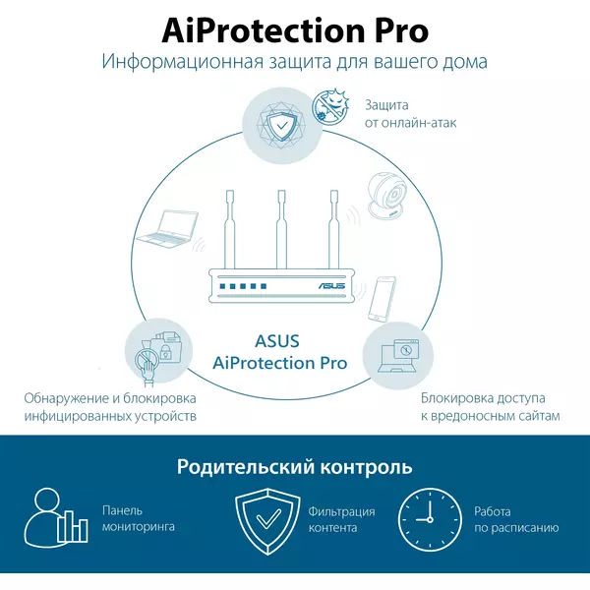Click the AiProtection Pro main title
pyautogui.click(x=295, y=31)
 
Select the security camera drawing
pyautogui.click(x=387, y=196)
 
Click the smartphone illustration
pyautogui.click(x=382, y=299)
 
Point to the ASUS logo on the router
pyautogui.click(x=331, y=286)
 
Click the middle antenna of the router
pyautogui.click(x=281, y=229)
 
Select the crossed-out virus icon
pyautogui.click(x=330, y=106)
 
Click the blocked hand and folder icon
pyautogui.click(x=158, y=357)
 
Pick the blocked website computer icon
pyautogui.click(x=398, y=356)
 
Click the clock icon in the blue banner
pyautogui.click(x=430, y=519)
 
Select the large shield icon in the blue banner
pyautogui.click(x=267, y=521)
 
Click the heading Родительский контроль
pyautogui.click(x=295, y=466)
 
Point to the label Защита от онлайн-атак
pyautogui.click(x=410, y=114)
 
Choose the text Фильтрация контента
pyautogui.click(x=341, y=519)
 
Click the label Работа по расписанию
pyautogui.click(x=516, y=519)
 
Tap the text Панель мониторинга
pyautogui.click(x=139, y=518)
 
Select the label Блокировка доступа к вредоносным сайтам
pyautogui.click(x=491, y=407)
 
